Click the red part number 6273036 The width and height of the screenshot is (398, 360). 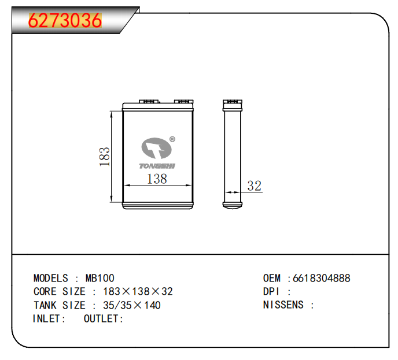pos(65,21)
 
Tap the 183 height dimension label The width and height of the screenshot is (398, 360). pos(104,157)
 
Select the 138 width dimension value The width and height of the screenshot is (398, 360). pos(157,179)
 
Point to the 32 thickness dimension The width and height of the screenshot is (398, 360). pos(255,186)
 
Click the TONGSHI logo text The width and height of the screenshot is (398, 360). pos(157,166)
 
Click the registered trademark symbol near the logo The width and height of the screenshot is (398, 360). pos(172,139)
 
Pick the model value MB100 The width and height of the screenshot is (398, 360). pos(99,278)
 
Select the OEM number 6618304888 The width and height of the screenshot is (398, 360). pos(322,278)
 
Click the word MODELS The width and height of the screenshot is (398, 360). pos(51,278)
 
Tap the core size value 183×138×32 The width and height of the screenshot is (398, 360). pos(138,292)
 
